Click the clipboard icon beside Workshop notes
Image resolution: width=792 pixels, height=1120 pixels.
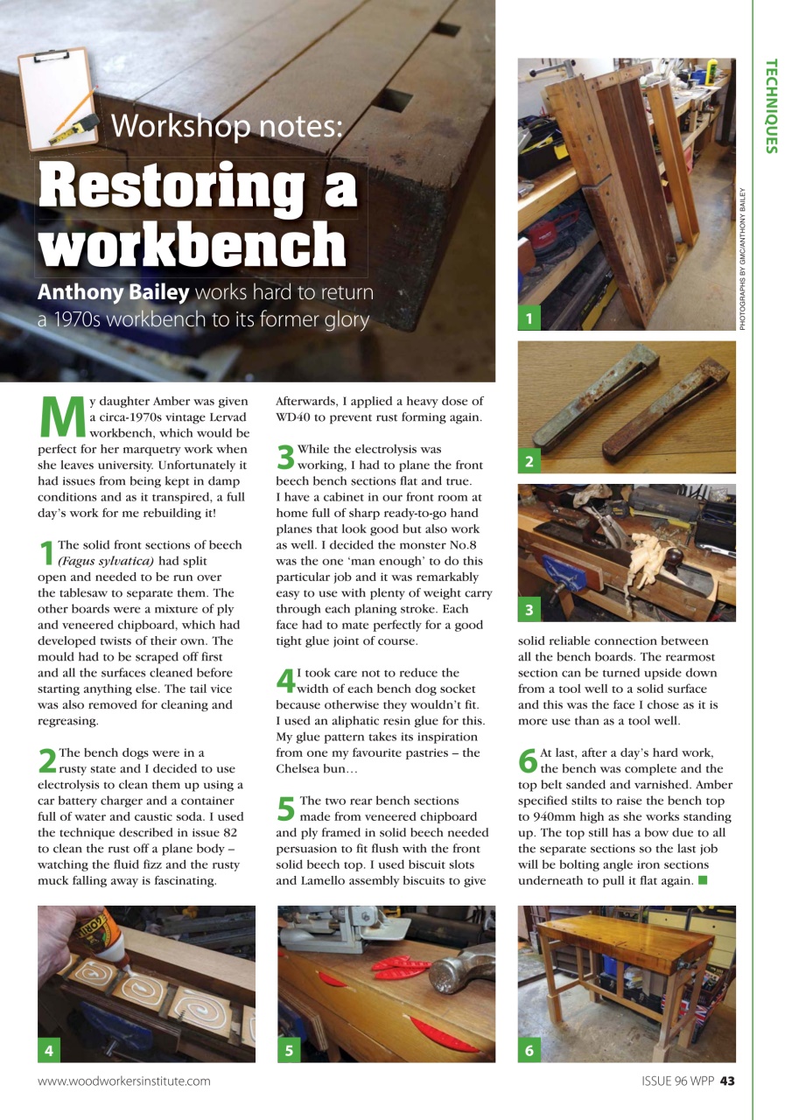click(58, 98)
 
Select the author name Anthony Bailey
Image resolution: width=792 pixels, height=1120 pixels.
click(113, 291)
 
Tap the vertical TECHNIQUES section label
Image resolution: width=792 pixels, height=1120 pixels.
click(770, 106)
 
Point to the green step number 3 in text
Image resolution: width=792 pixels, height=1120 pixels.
click(285, 455)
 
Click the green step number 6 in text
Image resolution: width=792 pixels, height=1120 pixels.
click(528, 759)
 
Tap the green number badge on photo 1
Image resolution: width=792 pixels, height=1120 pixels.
click(529, 319)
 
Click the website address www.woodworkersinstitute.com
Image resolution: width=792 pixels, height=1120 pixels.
click(123, 1081)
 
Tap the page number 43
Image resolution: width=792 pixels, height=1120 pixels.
click(727, 1081)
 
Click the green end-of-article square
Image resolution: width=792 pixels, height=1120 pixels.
click(702, 879)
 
